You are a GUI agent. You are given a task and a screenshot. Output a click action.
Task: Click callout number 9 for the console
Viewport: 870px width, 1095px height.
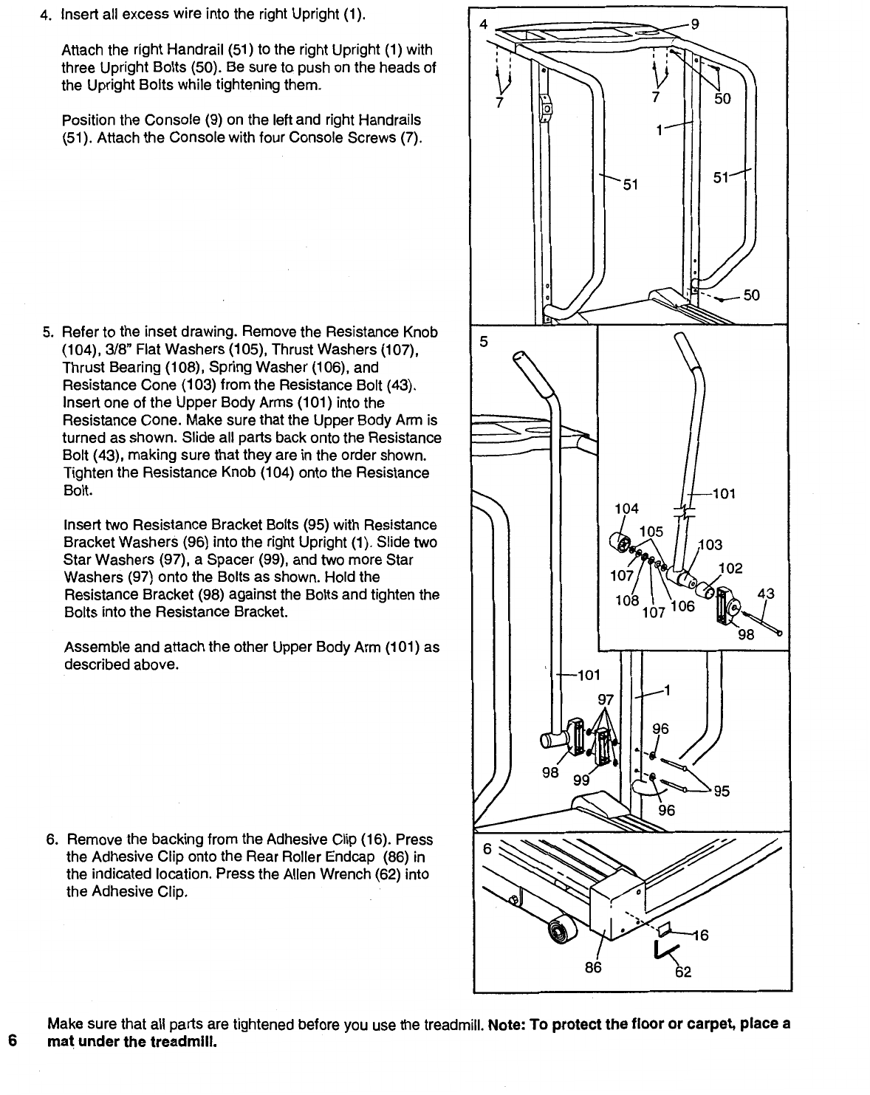click(x=694, y=23)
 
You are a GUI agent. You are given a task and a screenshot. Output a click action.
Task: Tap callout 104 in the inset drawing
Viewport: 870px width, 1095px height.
click(x=626, y=508)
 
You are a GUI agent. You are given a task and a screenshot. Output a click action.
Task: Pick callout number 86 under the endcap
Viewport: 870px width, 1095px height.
click(x=593, y=967)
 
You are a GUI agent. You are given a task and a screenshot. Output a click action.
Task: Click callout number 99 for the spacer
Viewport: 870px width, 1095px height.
click(x=582, y=780)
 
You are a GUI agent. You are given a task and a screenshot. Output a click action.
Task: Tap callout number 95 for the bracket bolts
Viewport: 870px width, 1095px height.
click(x=721, y=791)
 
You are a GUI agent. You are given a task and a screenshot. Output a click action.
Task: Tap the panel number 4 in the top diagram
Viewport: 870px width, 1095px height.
click(x=483, y=23)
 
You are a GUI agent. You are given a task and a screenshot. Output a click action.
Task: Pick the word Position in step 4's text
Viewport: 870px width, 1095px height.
click(x=88, y=120)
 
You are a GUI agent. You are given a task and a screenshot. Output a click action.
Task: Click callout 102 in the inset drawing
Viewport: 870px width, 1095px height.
click(x=730, y=569)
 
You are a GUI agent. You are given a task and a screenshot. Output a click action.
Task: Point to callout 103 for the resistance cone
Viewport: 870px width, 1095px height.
click(x=710, y=545)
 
